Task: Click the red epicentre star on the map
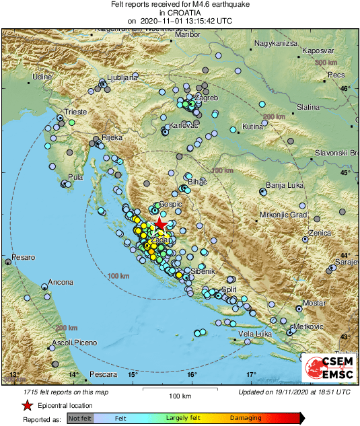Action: (159, 224)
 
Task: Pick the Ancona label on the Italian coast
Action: (61, 282)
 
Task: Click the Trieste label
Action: (75, 112)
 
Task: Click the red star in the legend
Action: (28, 405)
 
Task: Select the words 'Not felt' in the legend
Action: (79, 419)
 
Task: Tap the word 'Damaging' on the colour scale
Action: (246, 419)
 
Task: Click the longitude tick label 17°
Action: (250, 374)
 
